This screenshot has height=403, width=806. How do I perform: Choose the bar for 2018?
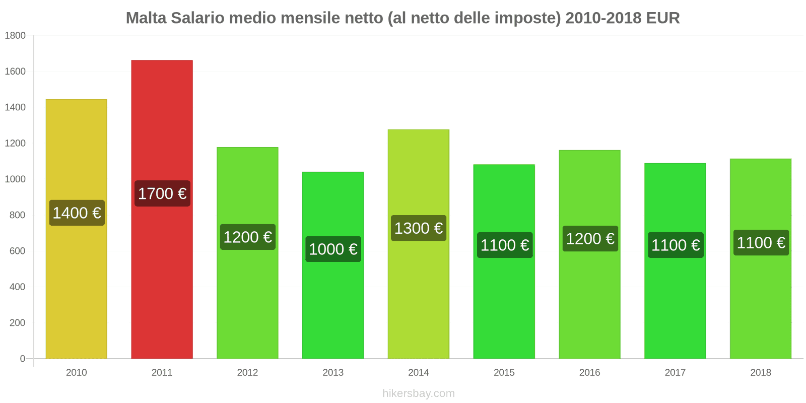coord(760,302)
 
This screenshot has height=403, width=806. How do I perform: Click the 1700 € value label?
coord(162,193)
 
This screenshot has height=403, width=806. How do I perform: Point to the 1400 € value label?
coord(77,213)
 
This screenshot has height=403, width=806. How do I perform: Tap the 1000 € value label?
coord(333,249)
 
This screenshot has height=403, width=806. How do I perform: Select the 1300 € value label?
coord(419,228)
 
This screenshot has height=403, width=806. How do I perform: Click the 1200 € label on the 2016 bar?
coord(590,239)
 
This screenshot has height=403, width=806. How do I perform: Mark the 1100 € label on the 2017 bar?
coord(676,245)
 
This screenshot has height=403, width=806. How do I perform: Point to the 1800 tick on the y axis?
coord(15,36)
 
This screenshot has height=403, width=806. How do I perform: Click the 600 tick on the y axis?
coord(17,251)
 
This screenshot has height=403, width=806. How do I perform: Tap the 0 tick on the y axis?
coord(22,359)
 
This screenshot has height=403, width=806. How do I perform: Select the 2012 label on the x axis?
coord(247,372)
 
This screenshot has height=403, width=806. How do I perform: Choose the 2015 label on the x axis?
coord(504,372)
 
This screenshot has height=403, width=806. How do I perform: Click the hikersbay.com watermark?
coord(418,393)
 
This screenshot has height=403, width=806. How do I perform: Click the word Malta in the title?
coord(146,18)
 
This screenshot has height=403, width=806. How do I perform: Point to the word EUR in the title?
coord(663,18)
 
